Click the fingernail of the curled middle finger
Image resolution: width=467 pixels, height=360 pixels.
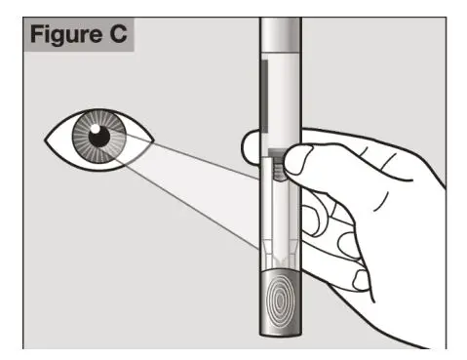pyautogui.click(x=314, y=219)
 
